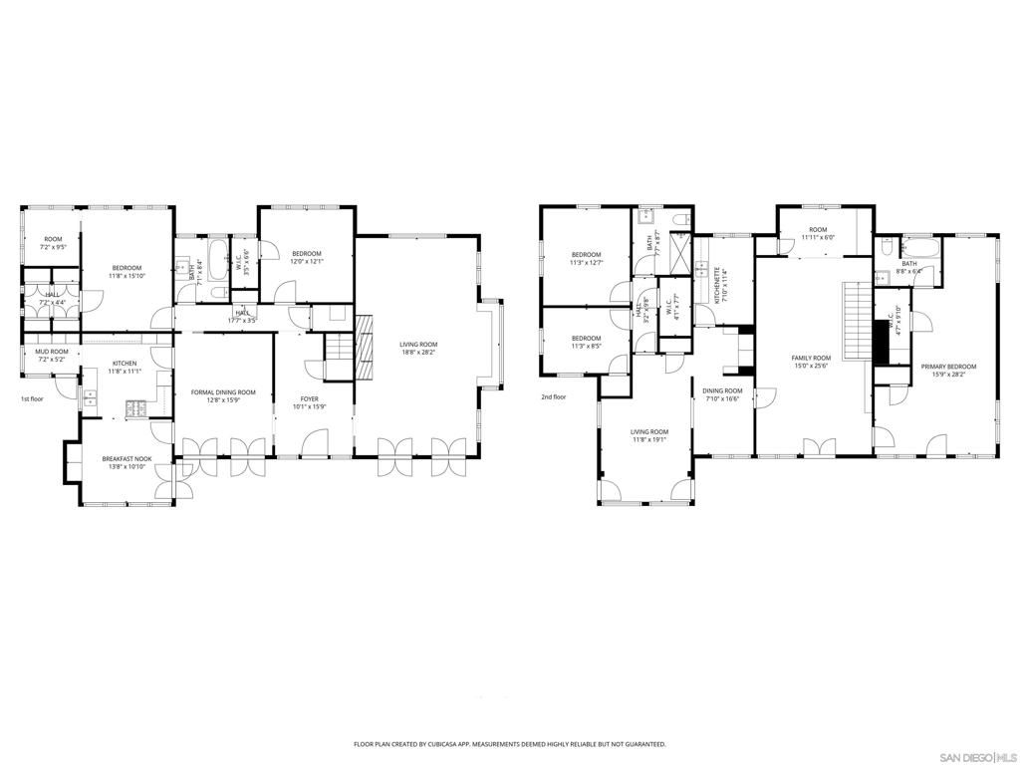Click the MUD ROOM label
(52, 352)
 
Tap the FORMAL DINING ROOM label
(223, 392)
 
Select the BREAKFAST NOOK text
(127, 459)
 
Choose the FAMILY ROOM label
(811, 358)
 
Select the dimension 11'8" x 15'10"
(127, 275)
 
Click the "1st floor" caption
(33, 398)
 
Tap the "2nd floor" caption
(553, 396)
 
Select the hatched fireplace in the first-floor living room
(364, 346)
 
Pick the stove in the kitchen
(135, 407)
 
